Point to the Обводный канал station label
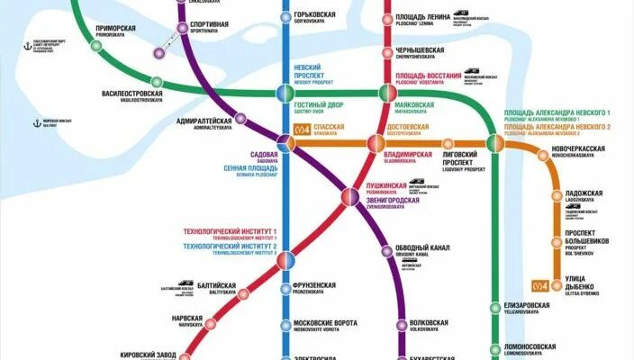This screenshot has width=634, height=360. coord(422,249)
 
